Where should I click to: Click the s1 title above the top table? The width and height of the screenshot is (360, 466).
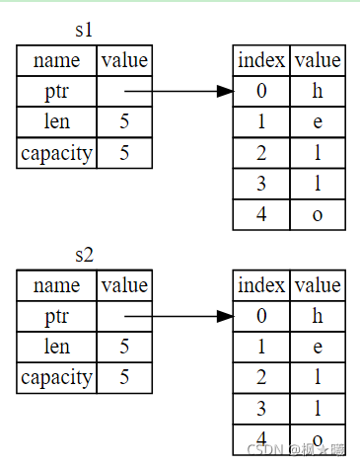pos(84,30)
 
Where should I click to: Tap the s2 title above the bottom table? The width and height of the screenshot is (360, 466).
pos(85,255)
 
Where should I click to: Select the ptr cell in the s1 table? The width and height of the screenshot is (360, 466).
pos(56,92)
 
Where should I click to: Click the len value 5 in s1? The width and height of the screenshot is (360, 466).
pos(124,121)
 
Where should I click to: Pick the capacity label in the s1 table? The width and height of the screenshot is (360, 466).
pos(56,153)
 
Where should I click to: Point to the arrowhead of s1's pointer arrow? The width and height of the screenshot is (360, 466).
pos(225,91)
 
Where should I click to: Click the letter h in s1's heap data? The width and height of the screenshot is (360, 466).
pos(318,91)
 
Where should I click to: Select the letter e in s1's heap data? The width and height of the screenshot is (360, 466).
pos(318,122)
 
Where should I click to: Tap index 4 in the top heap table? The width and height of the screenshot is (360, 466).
pos(261,214)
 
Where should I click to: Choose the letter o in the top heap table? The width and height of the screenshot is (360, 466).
pos(318,215)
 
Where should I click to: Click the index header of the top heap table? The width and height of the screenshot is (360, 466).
pos(261,60)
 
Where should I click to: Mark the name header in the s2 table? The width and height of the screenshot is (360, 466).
pos(56,285)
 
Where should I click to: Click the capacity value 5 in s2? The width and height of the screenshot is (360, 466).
pos(124,377)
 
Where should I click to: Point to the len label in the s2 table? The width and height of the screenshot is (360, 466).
pos(57,347)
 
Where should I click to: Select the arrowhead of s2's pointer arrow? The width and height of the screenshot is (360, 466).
pos(225,316)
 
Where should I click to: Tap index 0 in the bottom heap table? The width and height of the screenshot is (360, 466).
pos(261,316)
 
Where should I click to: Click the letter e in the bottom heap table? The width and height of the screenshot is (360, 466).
pos(318,348)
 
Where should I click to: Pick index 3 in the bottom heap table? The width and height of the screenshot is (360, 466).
pos(261,409)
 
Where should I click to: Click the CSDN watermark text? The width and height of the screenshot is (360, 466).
pos(296,450)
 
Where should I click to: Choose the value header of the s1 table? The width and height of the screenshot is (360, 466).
pos(124,60)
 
